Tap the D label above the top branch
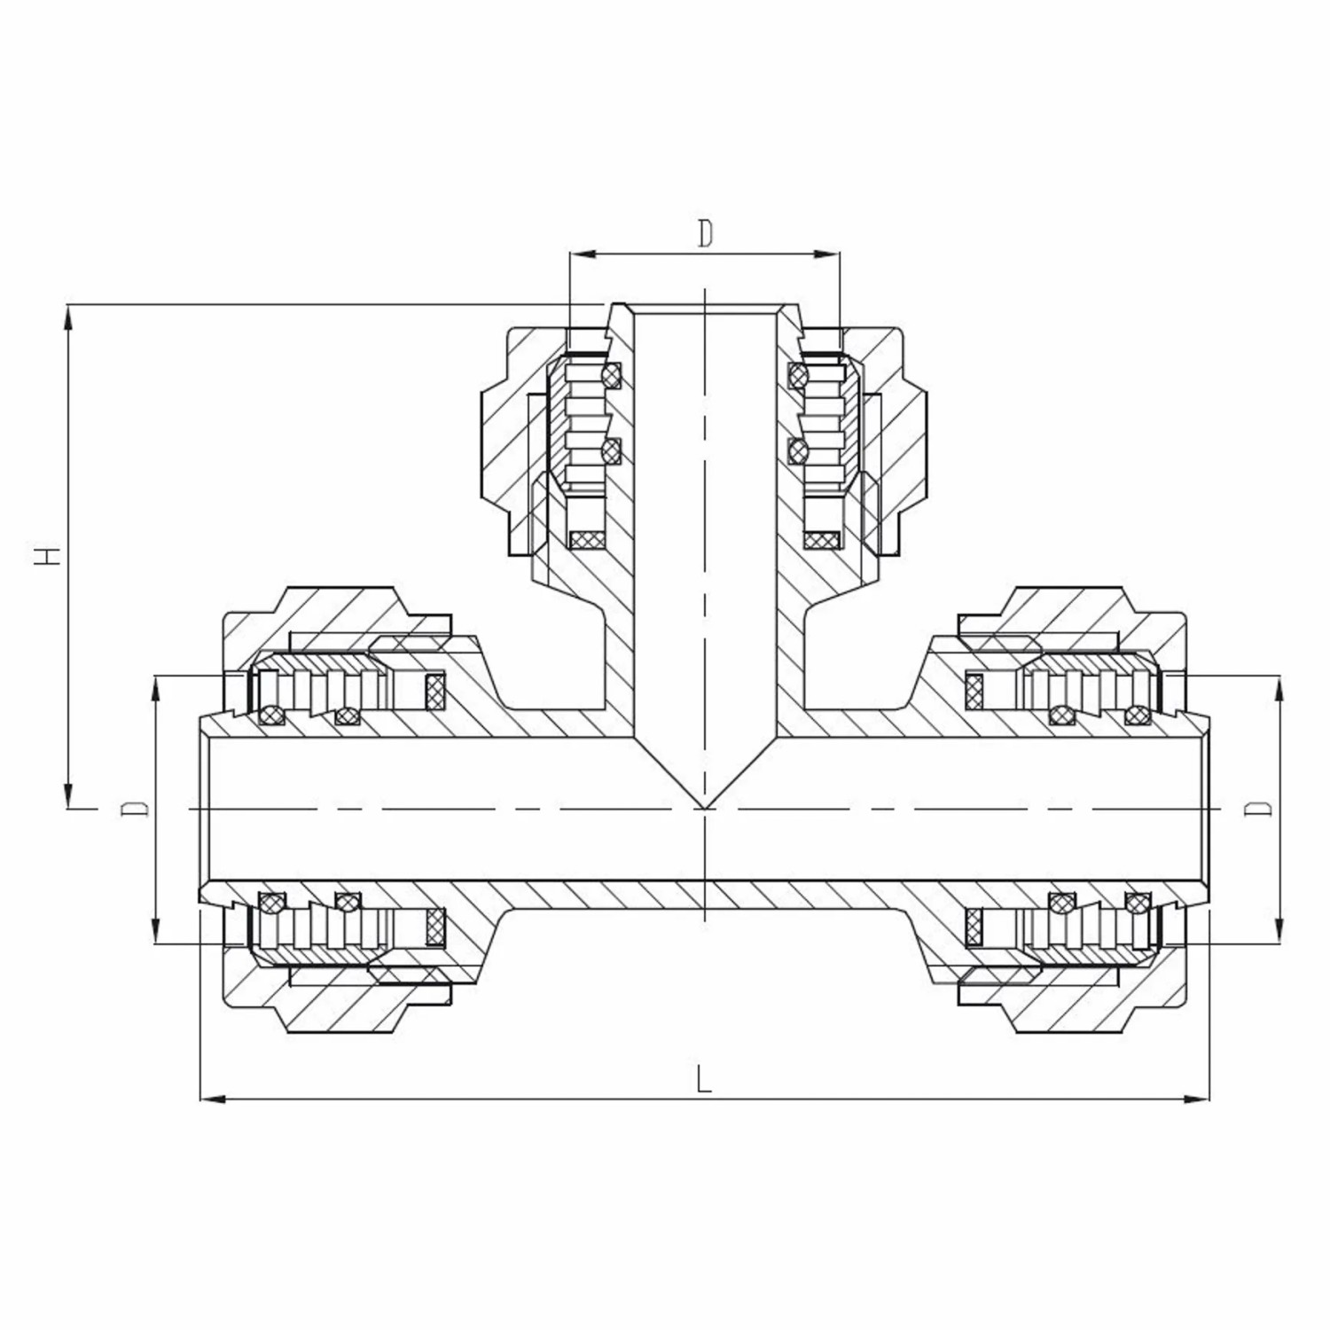pyautogui.click(x=705, y=233)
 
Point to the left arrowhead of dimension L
pyautogui.click(x=209, y=1099)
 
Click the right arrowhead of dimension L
pyautogui.click(x=1200, y=1099)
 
